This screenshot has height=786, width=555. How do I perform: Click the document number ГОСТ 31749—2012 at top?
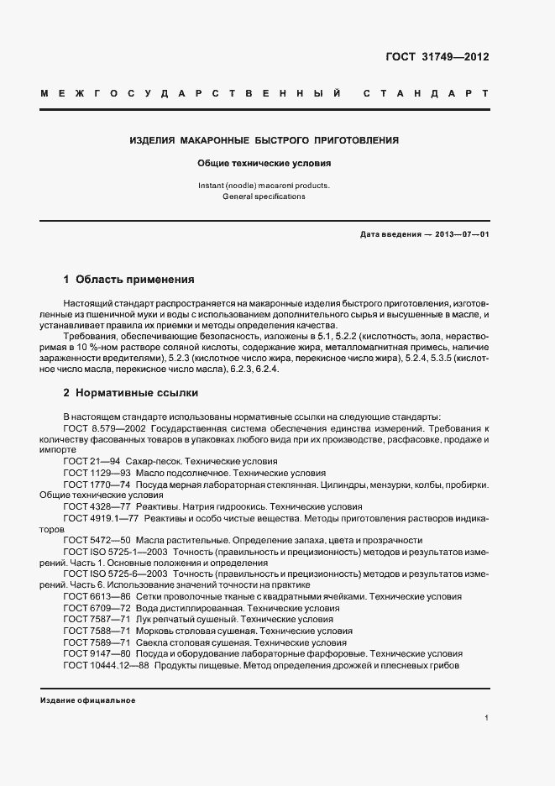pos(437,57)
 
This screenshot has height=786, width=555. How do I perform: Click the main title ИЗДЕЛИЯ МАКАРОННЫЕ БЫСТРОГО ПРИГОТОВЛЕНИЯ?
pos(264,140)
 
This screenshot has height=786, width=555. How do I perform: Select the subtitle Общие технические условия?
pos(264,164)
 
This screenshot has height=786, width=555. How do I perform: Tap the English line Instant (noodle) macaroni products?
pos(264,185)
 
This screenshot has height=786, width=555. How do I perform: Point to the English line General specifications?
pos(264,196)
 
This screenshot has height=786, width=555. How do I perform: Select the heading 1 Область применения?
pos(129,279)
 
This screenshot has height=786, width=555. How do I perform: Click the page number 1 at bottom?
pos(487,719)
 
